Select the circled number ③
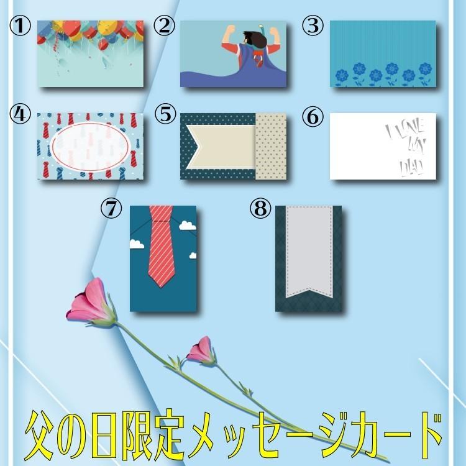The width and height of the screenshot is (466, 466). pos(313,26)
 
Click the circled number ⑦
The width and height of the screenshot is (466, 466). pos(112,209)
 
